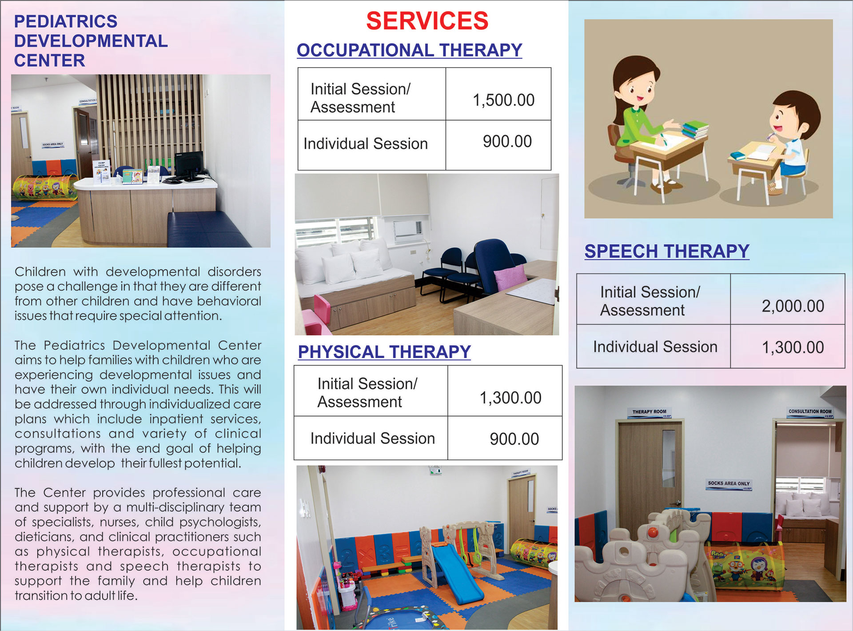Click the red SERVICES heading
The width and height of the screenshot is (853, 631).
pos(427,21)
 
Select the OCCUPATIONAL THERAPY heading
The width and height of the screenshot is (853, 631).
pos(409,50)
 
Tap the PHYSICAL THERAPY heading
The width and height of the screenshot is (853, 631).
pos(384,352)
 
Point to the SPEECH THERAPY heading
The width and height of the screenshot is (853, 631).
pos(667,252)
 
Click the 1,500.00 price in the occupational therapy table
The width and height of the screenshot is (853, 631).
pos(503,100)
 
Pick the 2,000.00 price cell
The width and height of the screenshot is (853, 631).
pos(793,306)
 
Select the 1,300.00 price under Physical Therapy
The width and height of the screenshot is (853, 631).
pos(510,398)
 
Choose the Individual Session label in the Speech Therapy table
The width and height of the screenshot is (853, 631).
pos(655,347)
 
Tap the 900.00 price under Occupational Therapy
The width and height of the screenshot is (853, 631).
pos(507,142)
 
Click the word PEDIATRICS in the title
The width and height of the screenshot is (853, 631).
pos(66,21)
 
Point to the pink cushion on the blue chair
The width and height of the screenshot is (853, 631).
pos(511,278)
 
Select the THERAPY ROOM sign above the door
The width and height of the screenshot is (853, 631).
pos(649,412)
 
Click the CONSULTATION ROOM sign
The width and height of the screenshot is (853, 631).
pos(809,411)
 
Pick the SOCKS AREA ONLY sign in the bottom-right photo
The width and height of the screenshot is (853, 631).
pos(729,483)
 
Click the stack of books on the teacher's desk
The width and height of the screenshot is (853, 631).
pos(695,130)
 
